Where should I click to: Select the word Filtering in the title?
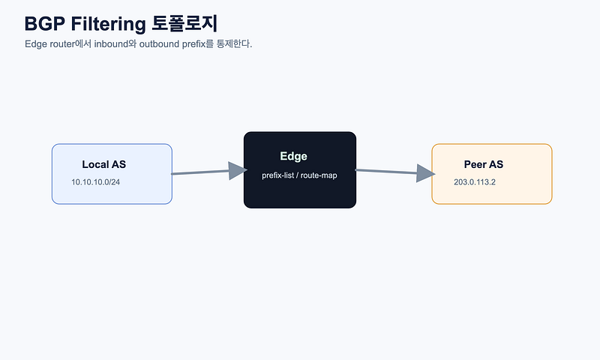(108, 25)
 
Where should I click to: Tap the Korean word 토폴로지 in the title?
(184, 23)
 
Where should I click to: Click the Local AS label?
(103, 164)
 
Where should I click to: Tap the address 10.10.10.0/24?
(96, 182)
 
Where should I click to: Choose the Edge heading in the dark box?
(293, 156)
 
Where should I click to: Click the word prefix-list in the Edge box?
(277, 175)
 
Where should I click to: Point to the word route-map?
(319, 175)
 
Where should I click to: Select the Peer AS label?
(484, 164)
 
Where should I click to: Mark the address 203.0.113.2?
(475, 182)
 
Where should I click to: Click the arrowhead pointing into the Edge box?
(238, 171)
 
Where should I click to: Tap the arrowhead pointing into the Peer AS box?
(425, 173)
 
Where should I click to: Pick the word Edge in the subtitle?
(36, 44)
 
